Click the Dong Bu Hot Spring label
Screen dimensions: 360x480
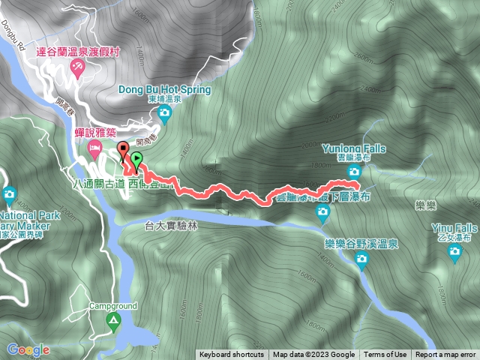coord(165,88)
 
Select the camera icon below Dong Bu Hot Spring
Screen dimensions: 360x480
coord(165,113)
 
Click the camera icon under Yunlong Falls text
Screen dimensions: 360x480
coord(354,172)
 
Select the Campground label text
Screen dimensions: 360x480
coord(113,306)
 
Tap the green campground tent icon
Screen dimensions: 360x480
coord(113,322)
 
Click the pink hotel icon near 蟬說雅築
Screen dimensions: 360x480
coord(94,147)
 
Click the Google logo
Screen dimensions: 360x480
coord(28,349)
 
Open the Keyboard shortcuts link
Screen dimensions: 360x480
coord(231,355)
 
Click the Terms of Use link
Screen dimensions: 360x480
coord(385,355)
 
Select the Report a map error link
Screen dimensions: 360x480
coord(445,355)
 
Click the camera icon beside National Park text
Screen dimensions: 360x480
coord(9,196)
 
